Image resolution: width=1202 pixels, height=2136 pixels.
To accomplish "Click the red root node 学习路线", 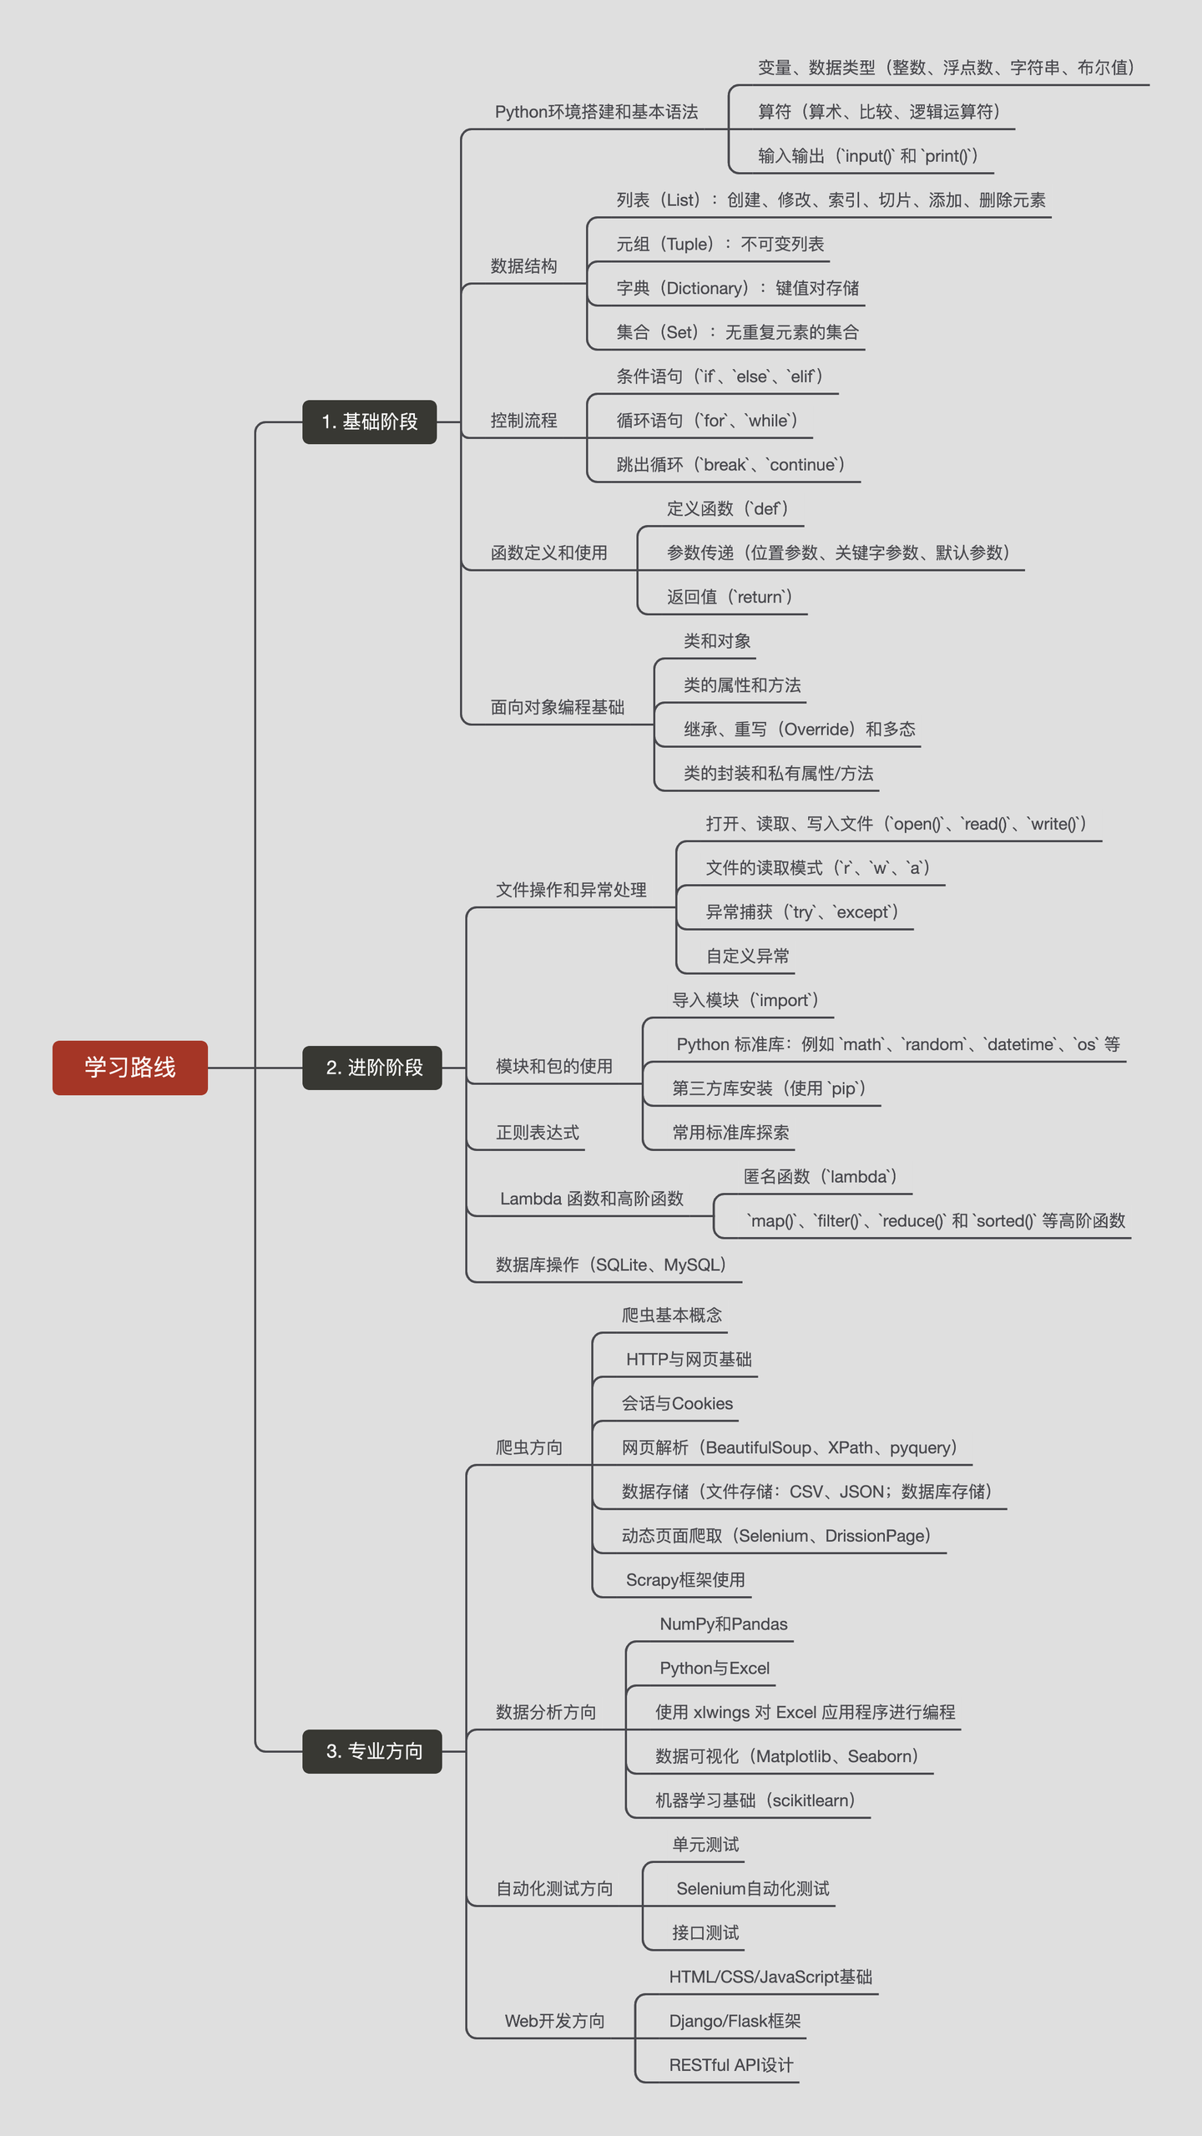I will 129,1067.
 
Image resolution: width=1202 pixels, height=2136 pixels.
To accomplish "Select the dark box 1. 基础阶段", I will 369,422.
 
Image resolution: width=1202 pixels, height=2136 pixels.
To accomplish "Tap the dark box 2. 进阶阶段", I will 372,1067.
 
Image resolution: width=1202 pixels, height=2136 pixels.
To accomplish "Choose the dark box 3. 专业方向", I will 372,1750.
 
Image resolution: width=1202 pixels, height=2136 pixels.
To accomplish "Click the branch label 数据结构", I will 523,266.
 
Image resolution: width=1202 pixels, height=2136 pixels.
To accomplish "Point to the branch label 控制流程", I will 523,421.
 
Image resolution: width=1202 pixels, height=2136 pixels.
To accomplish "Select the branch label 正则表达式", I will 538,1133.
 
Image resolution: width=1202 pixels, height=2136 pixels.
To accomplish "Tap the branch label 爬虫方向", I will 529,1447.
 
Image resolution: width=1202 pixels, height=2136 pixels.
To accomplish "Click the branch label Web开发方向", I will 554,2021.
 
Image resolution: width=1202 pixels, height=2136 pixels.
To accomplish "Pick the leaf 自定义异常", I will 747,956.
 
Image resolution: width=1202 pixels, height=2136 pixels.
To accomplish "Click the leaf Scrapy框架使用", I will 685,1579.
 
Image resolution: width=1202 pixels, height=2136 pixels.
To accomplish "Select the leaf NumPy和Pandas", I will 724,1623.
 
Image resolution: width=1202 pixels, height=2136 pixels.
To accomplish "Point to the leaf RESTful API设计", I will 731,2065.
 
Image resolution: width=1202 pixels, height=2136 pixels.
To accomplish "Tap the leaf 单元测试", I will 705,1845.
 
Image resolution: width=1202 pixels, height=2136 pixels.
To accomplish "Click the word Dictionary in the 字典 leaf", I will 706,288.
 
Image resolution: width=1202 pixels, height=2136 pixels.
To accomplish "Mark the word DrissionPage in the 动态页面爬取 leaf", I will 876,1536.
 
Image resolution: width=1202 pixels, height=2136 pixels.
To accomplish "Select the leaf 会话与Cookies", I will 677,1404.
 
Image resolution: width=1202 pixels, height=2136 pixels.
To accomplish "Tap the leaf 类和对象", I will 717,641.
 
